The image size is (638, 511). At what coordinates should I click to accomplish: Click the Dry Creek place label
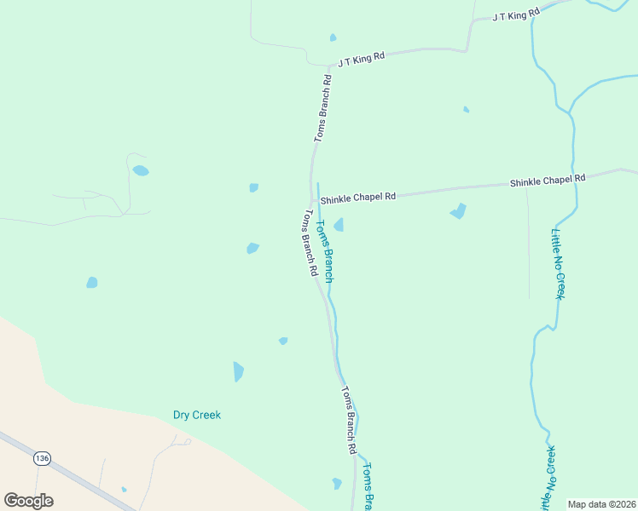196,415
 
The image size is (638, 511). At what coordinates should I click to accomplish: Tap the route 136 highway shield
41,458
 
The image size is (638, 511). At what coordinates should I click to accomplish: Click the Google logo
29,501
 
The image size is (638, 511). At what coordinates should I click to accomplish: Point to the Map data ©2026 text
601,504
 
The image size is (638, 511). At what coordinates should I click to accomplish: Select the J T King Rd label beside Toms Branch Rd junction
361,59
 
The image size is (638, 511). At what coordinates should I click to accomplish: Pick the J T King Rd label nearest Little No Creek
517,14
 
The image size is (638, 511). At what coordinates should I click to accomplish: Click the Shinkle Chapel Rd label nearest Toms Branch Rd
358,197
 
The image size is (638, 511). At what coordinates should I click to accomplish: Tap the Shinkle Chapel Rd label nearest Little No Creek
548,180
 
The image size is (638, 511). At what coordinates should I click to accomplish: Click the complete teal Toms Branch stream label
325,251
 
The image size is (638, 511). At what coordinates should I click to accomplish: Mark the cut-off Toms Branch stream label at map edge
367,485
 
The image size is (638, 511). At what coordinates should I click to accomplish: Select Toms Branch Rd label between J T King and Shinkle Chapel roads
322,107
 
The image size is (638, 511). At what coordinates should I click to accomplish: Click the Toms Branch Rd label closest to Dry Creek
348,420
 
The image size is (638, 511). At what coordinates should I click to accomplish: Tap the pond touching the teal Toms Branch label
339,225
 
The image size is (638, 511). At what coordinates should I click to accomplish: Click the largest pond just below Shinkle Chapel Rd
459,210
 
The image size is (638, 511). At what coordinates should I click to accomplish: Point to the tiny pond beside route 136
124,489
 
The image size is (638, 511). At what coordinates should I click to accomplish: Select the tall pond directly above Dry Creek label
238,371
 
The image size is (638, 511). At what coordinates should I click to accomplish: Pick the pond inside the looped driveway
140,170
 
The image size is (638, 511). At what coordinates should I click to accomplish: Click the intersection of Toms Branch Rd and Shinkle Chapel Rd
312,200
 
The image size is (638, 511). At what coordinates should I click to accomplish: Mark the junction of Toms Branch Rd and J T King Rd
330,66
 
